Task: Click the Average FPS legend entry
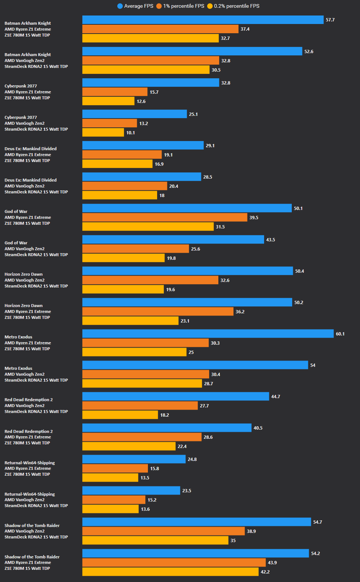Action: point(135,6)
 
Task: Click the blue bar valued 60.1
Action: point(208,334)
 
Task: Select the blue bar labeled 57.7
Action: point(203,20)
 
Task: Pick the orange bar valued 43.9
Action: point(174,562)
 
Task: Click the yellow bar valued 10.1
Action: point(103,132)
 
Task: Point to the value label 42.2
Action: point(265,572)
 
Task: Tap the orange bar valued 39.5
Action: point(165,217)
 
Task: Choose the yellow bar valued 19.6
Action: point(123,289)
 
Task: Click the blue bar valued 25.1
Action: point(134,114)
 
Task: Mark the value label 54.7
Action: point(318,522)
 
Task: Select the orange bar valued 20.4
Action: point(124,186)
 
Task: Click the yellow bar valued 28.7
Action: point(142,383)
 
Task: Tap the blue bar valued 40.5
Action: point(167,428)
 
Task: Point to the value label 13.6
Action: point(145,509)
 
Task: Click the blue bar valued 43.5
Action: point(173,240)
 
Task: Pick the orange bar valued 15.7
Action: point(115,92)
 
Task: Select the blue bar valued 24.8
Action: point(134,459)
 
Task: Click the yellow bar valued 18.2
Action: point(120,415)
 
